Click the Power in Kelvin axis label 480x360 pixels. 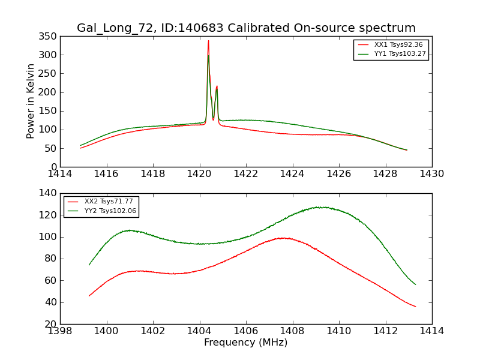pos(31,101)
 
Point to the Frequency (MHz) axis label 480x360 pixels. pos(245,343)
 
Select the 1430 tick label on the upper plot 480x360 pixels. pos(431,174)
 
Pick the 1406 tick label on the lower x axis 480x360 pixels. pos(245,331)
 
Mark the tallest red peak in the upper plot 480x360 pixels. pos(208,41)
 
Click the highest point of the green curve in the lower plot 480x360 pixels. pos(323,207)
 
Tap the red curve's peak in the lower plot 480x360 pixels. pos(283,238)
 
